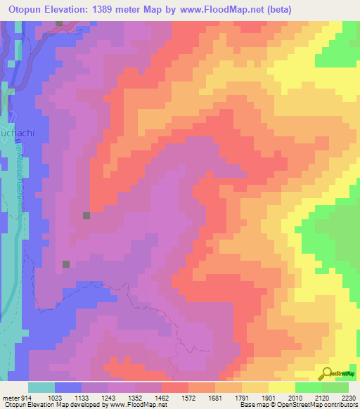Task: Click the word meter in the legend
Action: pos(10,398)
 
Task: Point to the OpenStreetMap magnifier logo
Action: pos(326,374)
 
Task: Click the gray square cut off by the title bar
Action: pos(60,23)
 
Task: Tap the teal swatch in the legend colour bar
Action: pos(41,387)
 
